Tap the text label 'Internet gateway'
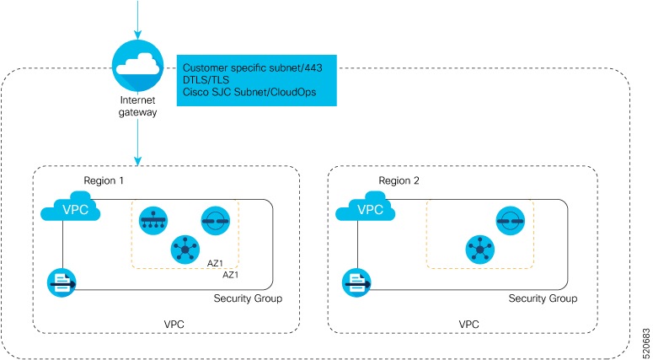point(136,104)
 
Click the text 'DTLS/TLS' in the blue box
point(207,79)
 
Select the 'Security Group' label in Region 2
point(543,299)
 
